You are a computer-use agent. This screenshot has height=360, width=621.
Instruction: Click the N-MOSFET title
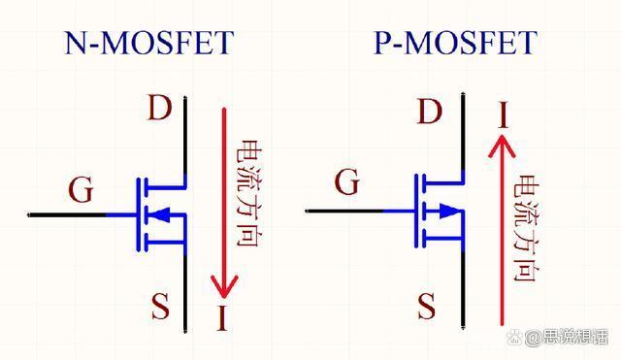[149, 43]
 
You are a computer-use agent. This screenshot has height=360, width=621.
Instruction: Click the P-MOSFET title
[455, 43]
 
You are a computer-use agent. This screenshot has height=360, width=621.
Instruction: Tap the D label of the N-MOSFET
[159, 108]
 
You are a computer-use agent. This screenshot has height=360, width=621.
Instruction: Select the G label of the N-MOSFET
[82, 190]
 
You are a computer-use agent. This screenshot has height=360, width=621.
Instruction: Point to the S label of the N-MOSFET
[160, 308]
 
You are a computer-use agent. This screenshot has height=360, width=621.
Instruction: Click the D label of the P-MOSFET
[428, 113]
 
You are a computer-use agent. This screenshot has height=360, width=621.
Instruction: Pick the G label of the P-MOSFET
[346, 180]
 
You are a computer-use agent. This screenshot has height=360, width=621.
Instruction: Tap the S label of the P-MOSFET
[426, 309]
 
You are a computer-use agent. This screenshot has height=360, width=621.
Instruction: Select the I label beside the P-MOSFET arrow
[503, 116]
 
